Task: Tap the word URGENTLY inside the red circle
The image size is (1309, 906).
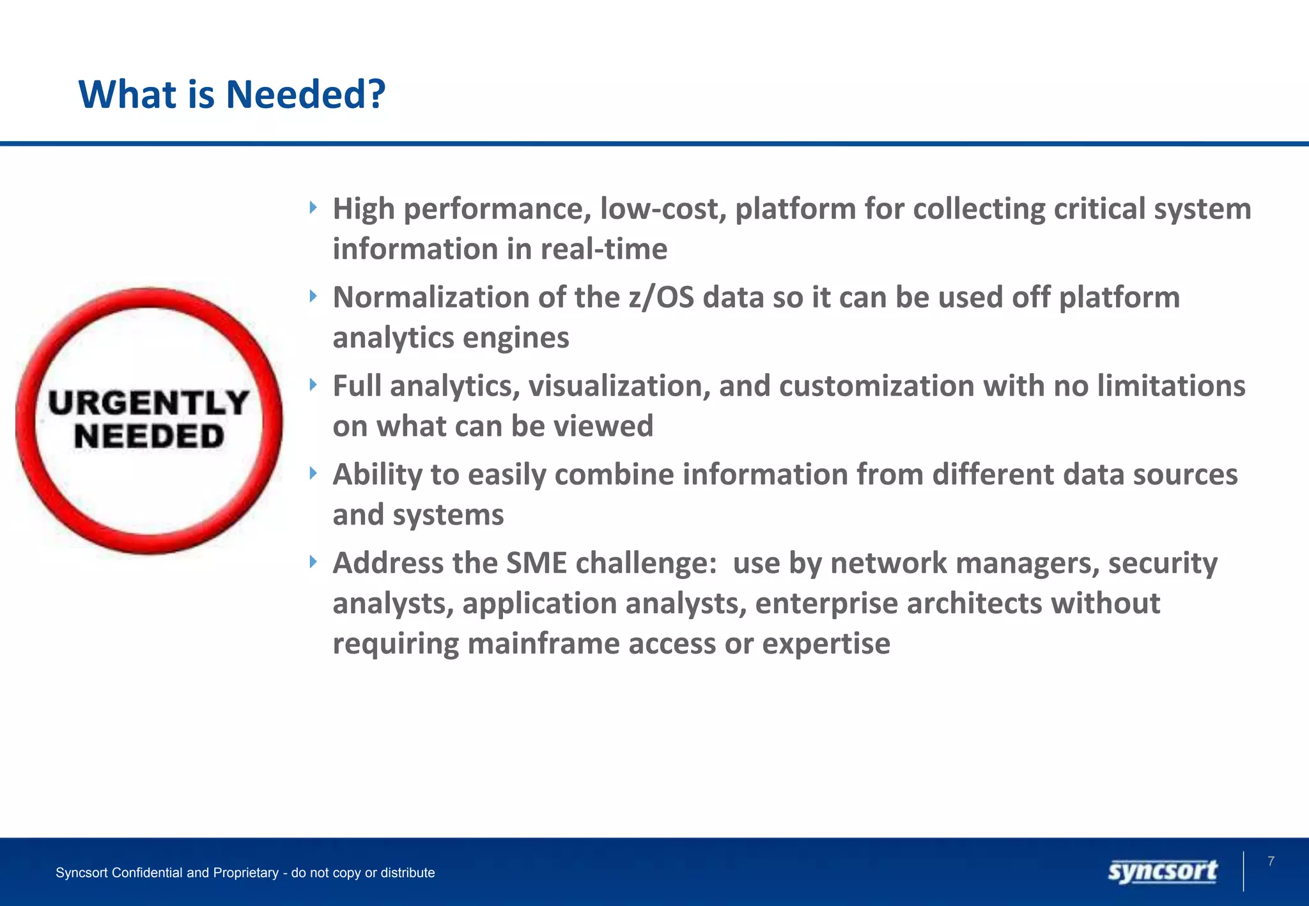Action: coord(148,403)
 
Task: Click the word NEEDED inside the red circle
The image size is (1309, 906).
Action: coord(149,437)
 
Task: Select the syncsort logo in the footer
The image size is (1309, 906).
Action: coord(1163,871)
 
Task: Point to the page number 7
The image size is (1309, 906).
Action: coord(1271,861)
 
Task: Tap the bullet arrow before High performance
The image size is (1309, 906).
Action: coord(313,207)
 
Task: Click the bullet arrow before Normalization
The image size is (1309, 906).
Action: coord(313,296)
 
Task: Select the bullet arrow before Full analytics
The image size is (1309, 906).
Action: coord(313,384)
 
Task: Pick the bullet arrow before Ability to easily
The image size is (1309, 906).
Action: coord(313,473)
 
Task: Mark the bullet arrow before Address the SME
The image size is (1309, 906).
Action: coord(313,562)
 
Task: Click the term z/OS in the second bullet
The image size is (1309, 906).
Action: coord(661,298)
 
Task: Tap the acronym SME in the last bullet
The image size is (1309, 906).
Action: coord(536,564)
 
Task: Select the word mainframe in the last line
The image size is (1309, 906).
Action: coord(543,644)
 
